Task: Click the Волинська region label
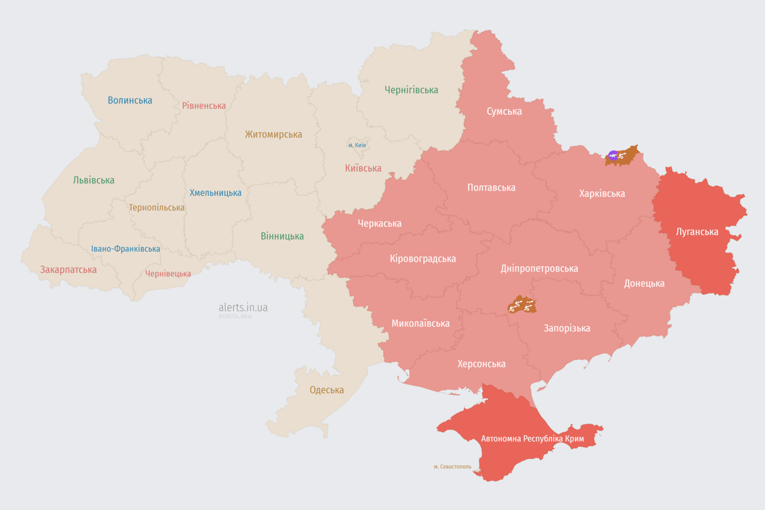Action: coord(130,100)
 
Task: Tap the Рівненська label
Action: coord(204,106)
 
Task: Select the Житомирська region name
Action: coord(273,134)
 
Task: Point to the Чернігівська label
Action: coord(411,90)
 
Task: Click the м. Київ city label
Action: coord(357,145)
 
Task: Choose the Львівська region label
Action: coord(94,180)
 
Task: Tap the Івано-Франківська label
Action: coord(126,249)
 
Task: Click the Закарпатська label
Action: coord(68,270)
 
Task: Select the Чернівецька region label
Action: coord(168,274)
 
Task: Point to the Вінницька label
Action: coord(282,236)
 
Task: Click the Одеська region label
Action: coord(327,390)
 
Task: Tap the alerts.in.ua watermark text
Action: coord(243,307)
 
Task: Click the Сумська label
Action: coord(504,111)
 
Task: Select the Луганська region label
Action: coord(697,232)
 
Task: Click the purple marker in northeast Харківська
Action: coord(613,156)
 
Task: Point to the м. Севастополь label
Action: coord(452,467)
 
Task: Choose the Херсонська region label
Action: coord(481,364)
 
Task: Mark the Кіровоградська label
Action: coord(423,258)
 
